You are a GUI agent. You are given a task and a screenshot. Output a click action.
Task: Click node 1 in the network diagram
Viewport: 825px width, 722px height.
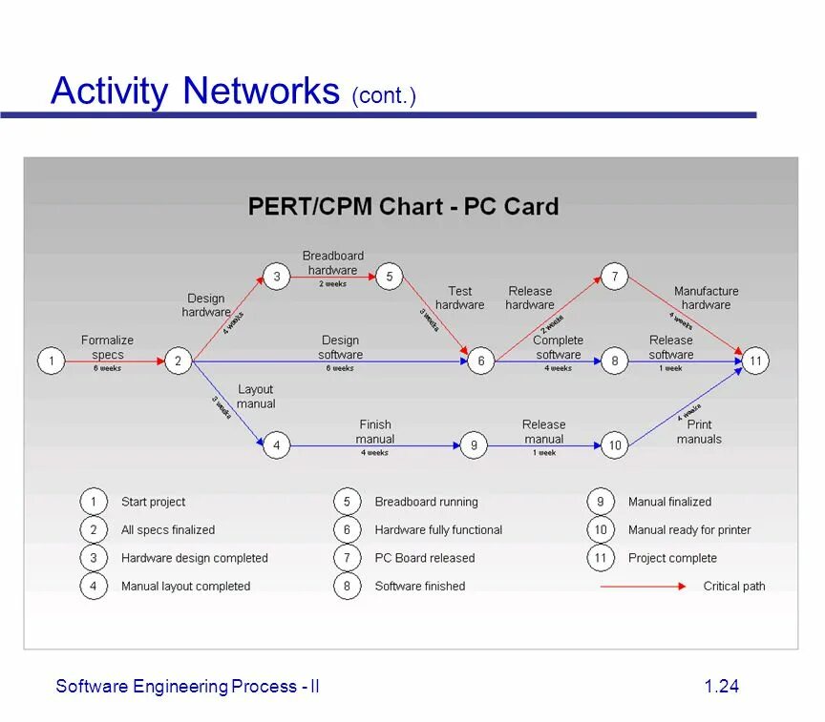point(51,361)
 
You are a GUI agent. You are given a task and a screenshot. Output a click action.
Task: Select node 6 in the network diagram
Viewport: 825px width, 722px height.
point(481,361)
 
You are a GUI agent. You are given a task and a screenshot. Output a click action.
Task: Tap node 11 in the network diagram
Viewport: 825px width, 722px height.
point(755,361)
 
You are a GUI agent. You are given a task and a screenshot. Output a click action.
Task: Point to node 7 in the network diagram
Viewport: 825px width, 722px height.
point(615,278)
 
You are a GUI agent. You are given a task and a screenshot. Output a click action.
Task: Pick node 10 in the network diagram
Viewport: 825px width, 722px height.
point(615,445)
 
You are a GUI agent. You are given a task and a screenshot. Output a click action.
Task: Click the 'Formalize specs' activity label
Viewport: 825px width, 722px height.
point(107,347)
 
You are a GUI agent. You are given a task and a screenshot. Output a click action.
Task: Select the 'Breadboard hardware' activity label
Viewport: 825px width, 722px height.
point(333,262)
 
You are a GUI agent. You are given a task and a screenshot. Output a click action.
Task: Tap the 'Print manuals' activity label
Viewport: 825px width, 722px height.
point(699,432)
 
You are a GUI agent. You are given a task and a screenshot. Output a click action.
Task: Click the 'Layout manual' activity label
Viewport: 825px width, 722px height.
point(256,396)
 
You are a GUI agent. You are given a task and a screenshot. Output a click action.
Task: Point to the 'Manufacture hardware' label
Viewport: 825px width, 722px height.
point(706,298)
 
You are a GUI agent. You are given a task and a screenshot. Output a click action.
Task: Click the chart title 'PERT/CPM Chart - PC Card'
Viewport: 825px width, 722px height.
point(403,207)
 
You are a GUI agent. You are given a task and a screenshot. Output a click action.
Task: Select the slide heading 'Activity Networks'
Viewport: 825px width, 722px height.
point(195,92)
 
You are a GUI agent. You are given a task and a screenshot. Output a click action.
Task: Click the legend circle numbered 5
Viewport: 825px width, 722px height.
point(347,502)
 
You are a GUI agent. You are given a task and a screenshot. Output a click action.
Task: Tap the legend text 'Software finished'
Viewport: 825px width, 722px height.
point(420,587)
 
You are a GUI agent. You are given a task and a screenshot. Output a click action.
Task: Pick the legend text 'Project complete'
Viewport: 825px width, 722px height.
point(672,558)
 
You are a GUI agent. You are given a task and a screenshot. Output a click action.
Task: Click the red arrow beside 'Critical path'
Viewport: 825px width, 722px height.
point(642,587)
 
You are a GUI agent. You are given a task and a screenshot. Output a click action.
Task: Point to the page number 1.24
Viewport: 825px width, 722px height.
point(722,687)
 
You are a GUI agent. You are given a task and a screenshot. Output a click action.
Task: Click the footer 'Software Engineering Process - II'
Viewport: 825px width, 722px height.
point(187,687)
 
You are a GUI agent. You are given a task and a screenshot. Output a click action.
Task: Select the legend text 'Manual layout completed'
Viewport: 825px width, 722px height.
point(185,587)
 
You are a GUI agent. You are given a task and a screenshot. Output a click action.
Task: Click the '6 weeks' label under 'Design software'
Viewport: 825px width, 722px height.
point(340,368)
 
